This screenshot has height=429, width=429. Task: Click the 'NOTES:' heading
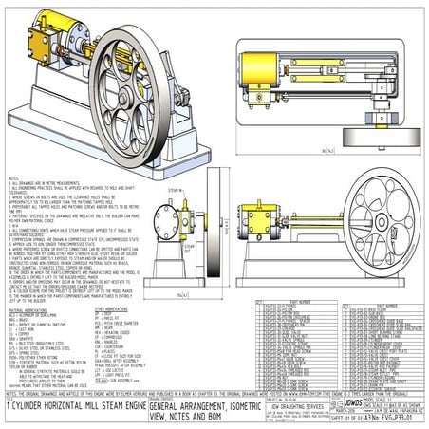click(x=12, y=177)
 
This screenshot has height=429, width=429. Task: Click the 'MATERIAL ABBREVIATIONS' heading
click(x=29, y=309)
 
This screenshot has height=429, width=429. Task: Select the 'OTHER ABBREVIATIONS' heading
click(x=112, y=309)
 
